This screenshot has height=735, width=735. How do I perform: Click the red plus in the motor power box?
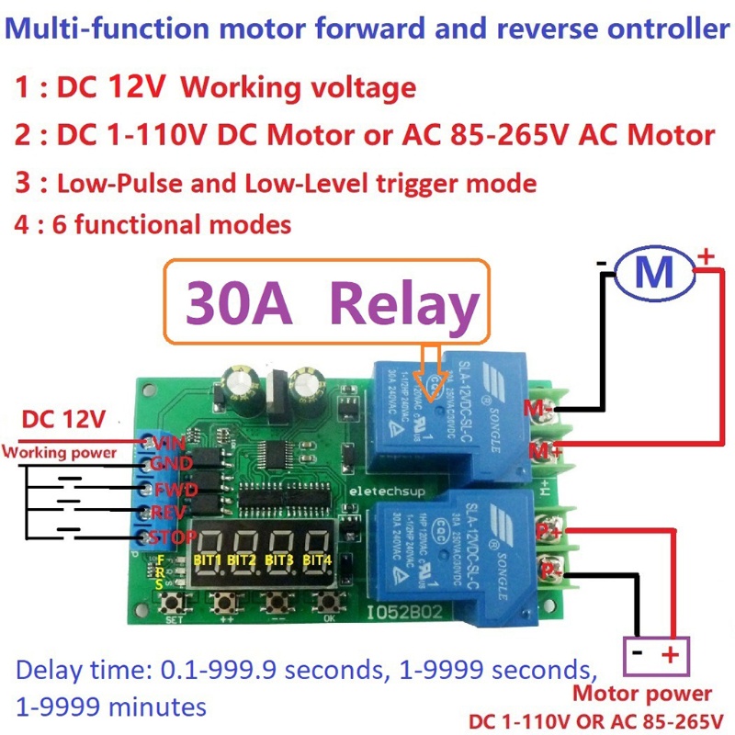[x=670, y=656]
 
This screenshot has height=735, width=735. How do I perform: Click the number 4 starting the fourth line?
[x=21, y=223]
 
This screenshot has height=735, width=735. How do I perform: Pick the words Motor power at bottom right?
[x=641, y=694]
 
